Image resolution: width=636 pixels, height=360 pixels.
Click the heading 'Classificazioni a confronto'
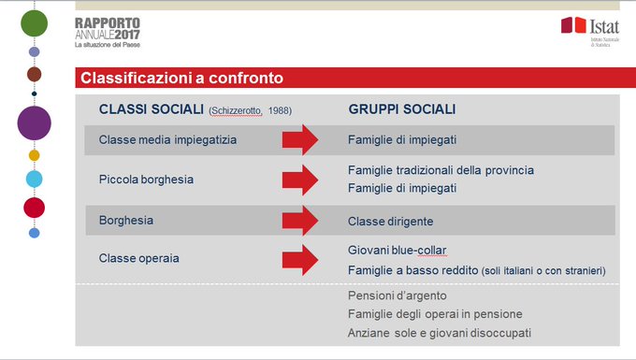coord(181,78)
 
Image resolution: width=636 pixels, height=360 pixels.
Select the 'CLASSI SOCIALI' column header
coord(152,109)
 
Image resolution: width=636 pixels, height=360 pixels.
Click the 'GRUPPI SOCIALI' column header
coord(402,109)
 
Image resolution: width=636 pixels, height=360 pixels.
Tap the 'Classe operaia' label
coord(138,257)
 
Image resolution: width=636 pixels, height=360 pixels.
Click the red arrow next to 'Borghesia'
coord(301,221)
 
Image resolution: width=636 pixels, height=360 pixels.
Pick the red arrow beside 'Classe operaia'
coord(301,258)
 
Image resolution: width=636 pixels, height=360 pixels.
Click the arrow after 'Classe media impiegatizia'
coord(301,140)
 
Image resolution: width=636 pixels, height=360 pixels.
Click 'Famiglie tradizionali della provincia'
coord(441,170)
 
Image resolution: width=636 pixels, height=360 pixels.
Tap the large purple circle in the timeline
coord(35,122)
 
